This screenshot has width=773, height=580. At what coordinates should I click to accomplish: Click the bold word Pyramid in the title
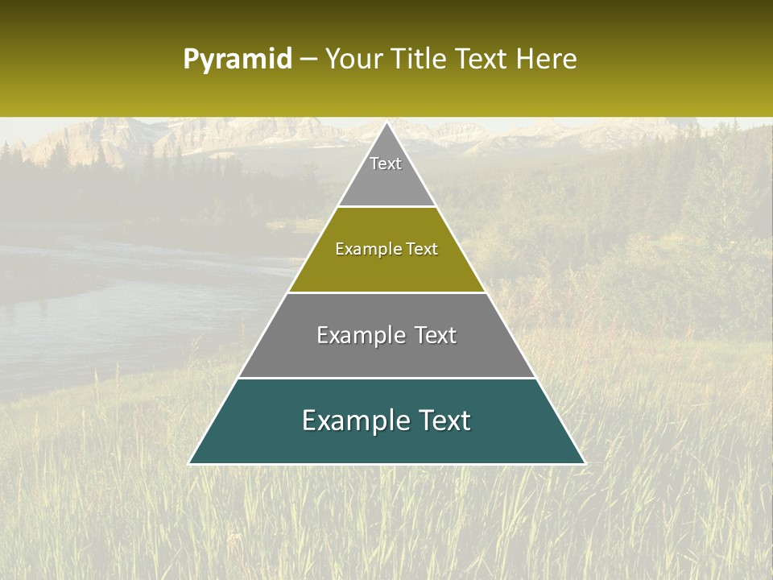coord(238,60)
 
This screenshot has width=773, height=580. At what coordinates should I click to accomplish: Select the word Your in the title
coord(353,60)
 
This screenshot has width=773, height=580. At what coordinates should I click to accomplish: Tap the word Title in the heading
coord(420,60)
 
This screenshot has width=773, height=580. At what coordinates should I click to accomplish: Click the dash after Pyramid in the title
coord(308,60)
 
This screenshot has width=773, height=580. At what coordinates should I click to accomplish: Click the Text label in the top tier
coord(386,164)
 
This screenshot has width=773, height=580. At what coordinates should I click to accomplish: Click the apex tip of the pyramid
coord(386,123)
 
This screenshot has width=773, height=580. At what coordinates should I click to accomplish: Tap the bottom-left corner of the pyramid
coord(190,463)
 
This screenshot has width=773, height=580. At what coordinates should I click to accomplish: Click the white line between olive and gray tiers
coord(386,292)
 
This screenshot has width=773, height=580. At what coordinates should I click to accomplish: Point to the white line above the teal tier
coord(386,378)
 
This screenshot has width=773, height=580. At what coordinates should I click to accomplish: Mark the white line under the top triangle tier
coord(386,206)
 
